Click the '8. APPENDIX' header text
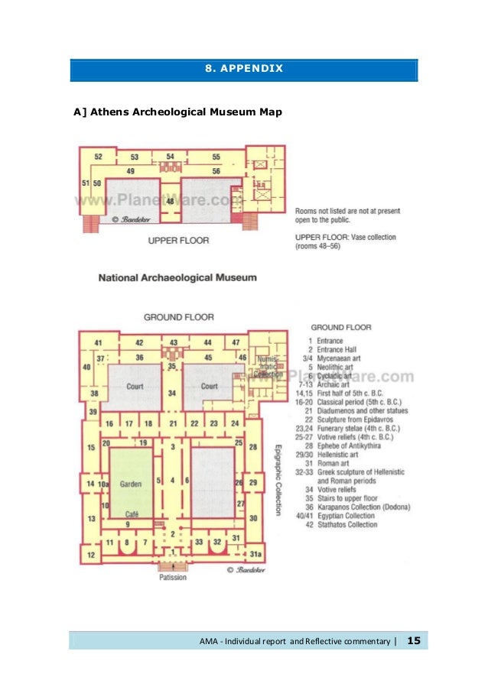[x=243, y=70]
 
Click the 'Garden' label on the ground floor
[x=131, y=483]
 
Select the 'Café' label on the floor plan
[x=132, y=512]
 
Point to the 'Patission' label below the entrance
[x=173, y=578]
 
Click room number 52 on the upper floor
[x=99, y=157]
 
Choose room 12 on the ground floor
[x=91, y=555]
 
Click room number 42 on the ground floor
[x=139, y=342]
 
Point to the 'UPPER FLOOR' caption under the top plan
[x=177, y=241]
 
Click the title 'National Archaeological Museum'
[x=177, y=277]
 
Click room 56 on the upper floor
[x=216, y=171]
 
